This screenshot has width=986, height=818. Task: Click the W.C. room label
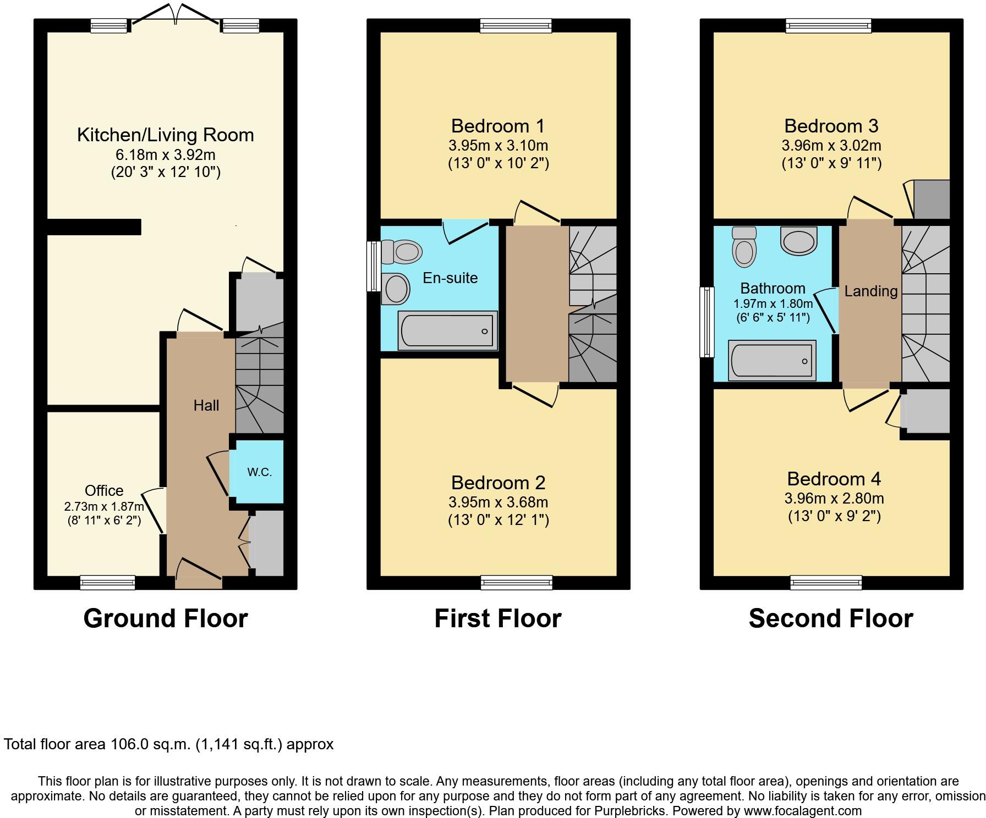point(259,472)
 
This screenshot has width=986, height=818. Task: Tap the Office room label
point(104,490)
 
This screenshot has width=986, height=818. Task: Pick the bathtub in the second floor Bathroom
point(772,361)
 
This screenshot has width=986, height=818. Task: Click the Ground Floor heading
point(166,618)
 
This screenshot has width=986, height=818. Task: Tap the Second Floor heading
point(831,618)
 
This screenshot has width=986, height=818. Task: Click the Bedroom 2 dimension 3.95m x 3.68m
point(498,502)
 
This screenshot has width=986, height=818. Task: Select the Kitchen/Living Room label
point(166,135)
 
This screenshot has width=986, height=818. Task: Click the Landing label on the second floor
point(870,291)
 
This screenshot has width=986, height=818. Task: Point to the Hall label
point(206,406)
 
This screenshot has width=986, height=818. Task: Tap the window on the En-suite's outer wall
point(374,266)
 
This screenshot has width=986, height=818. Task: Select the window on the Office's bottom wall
point(107,582)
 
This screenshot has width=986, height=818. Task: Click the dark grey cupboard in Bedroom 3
point(931,199)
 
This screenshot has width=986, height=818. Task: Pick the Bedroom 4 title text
point(834,479)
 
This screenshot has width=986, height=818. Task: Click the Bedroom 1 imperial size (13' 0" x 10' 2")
point(498,163)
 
